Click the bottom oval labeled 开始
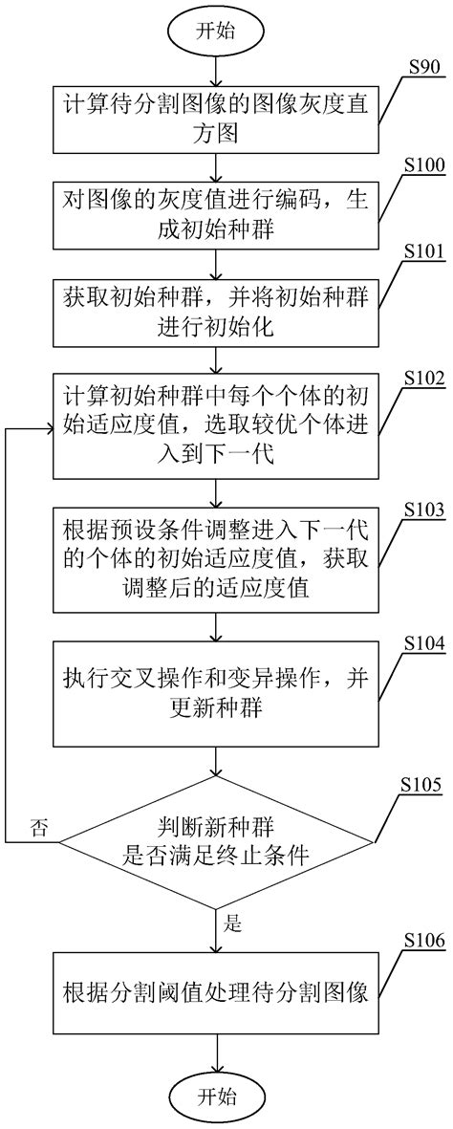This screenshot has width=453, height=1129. [219, 1096]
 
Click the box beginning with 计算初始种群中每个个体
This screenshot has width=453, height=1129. [219, 430]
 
